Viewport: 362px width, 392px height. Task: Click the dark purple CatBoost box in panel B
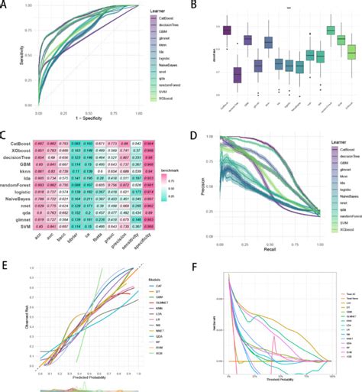coord(227,30)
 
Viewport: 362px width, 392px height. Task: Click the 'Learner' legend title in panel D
coord(326,142)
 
